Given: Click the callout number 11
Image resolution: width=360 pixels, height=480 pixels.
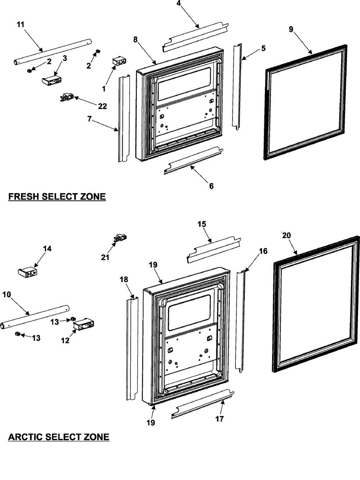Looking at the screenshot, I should (21, 24).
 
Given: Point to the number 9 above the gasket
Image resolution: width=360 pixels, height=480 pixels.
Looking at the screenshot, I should (291, 30).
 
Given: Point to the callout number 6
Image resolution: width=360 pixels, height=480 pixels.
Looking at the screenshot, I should (211, 186).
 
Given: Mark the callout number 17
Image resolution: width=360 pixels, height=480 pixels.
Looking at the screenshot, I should (220, 419).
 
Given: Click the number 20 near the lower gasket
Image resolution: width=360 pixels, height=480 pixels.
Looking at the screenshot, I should (286, 235).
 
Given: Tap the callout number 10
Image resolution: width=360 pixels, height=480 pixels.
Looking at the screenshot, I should (6, 294).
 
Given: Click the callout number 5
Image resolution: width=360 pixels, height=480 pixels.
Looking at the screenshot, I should (264, 48).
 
